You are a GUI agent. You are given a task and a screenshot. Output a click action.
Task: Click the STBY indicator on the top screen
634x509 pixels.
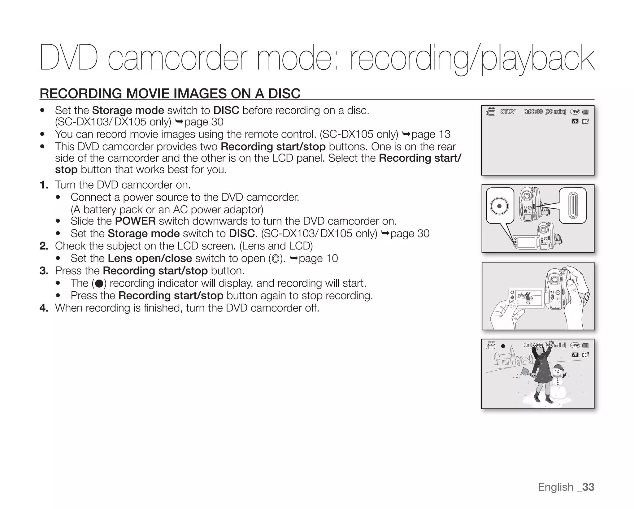pos(508,112)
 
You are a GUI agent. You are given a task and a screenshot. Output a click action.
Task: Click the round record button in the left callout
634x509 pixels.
pos(499,206)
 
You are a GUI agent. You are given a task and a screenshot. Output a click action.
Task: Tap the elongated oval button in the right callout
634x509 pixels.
pos(573,205)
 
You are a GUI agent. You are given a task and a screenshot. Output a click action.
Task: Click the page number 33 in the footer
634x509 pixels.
pos(588,487)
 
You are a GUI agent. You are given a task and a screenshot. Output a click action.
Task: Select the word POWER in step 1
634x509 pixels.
pos(135,221)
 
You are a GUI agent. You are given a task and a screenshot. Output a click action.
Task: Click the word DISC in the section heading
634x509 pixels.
pos(284,94)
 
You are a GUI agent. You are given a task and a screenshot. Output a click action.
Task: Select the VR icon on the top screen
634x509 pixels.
pos(575,121)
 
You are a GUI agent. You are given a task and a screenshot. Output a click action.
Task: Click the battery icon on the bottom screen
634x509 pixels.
pos(585,346)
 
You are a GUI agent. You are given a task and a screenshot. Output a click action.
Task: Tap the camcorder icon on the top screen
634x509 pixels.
pos(490,111)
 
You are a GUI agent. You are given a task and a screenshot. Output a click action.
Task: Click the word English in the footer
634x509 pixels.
pos(556,487)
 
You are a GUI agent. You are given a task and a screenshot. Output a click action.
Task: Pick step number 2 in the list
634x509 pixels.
pos(44,246)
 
